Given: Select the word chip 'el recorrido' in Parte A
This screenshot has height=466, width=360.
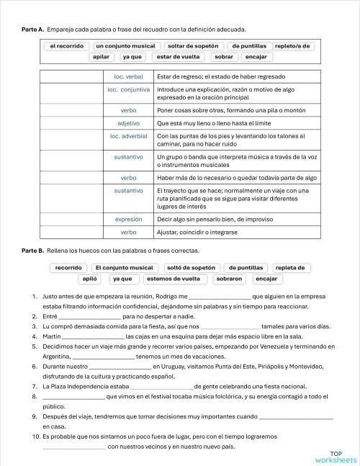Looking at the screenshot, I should (x=66, y=45).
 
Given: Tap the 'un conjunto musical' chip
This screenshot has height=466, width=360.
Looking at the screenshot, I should (x=125, y=45).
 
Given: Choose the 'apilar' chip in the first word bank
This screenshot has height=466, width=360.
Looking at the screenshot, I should (x=102, y=56).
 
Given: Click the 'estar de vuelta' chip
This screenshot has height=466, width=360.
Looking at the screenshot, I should (x=179, y=56).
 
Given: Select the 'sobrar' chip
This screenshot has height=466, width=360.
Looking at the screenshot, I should (x=224, y=56).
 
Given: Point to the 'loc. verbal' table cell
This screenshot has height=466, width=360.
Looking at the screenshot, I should (x=129, y=76).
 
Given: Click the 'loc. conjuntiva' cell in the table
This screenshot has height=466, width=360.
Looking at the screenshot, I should (x=129, y=90).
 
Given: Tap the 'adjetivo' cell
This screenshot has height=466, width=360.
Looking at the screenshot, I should (x=129, y=123).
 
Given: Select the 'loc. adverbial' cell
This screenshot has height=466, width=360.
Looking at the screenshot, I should (x=129, y=135).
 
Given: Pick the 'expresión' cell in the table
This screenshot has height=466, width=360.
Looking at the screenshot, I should (x=129, y=219).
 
